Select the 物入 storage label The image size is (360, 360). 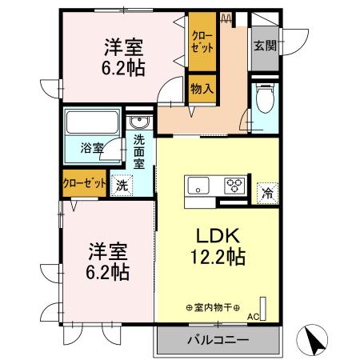point(201,88)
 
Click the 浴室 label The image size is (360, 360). point(91,148)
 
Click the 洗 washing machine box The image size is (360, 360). point(122,182)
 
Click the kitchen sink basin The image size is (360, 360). point(198,186)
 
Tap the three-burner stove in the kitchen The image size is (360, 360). point(234,186)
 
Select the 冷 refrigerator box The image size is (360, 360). point(266,192)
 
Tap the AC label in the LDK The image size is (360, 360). point(253,317)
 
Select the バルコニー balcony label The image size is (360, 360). point(218,340)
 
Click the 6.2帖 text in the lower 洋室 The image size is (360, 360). point(108,272)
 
